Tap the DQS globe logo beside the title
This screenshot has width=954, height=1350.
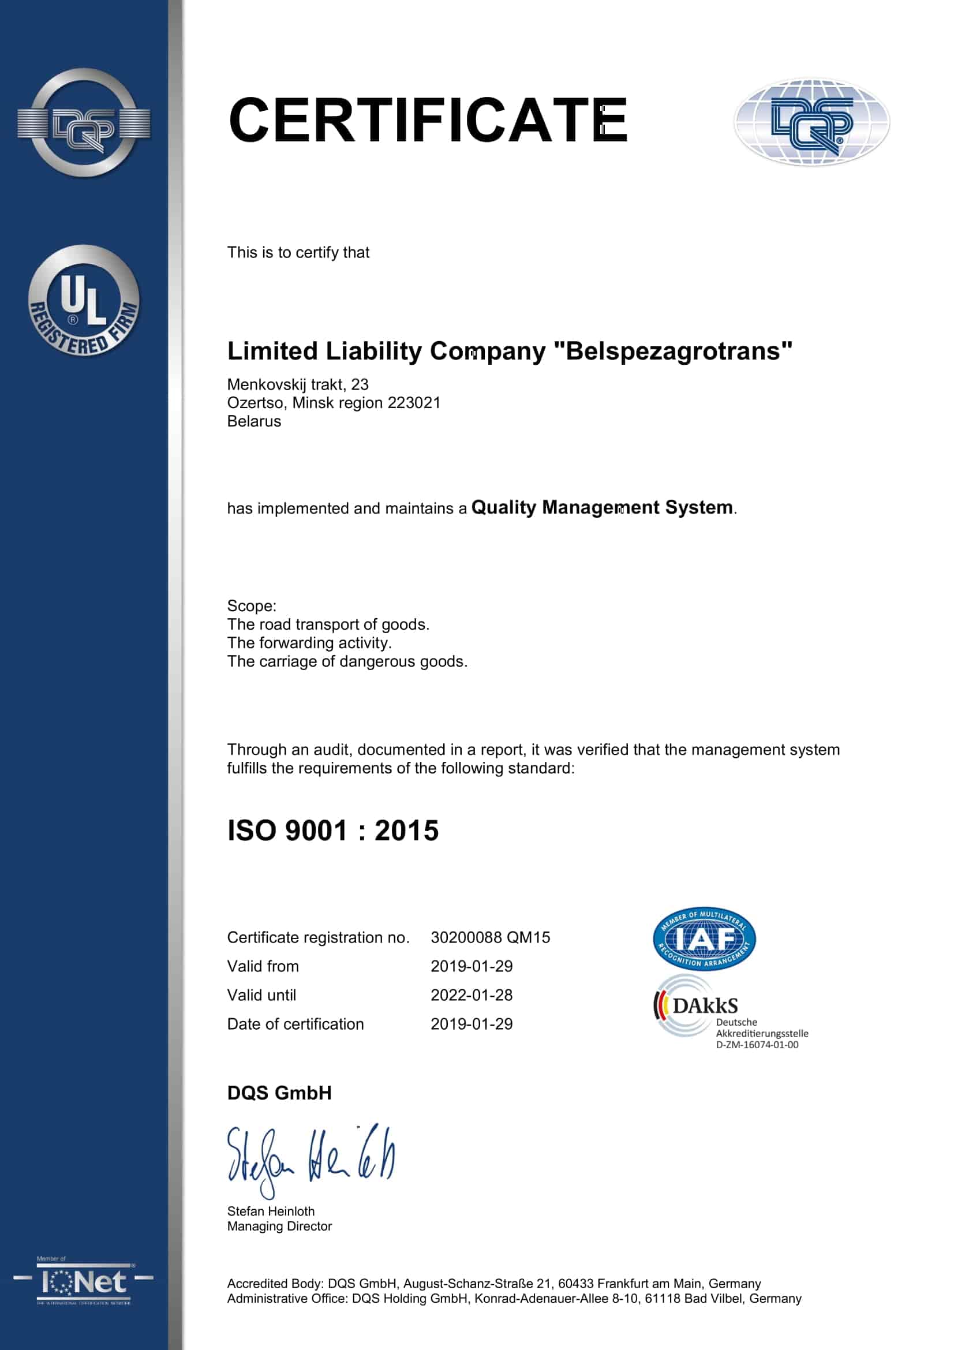tap(811, 122)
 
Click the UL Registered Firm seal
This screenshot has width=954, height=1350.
tap(84, 301)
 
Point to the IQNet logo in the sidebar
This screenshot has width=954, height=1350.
tap(84, 1282)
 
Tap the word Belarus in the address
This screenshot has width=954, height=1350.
tap(254, 421)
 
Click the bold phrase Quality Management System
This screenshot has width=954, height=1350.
tap(602, 507)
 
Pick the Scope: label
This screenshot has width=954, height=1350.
tap(252, 605)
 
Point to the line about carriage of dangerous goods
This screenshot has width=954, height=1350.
tap(347, 661)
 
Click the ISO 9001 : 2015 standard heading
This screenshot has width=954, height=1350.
tap(332, 831)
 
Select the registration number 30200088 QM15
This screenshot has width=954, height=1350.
tap(490, 937)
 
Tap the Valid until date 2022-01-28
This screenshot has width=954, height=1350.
tap(472, 995)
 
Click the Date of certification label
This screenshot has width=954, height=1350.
tap(295, 1024)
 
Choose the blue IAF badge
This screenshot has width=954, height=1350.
tap(704, 938)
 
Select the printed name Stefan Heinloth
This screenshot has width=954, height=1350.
tap(271, 1211)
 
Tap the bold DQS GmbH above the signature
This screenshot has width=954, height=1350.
tap(279, 1093)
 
